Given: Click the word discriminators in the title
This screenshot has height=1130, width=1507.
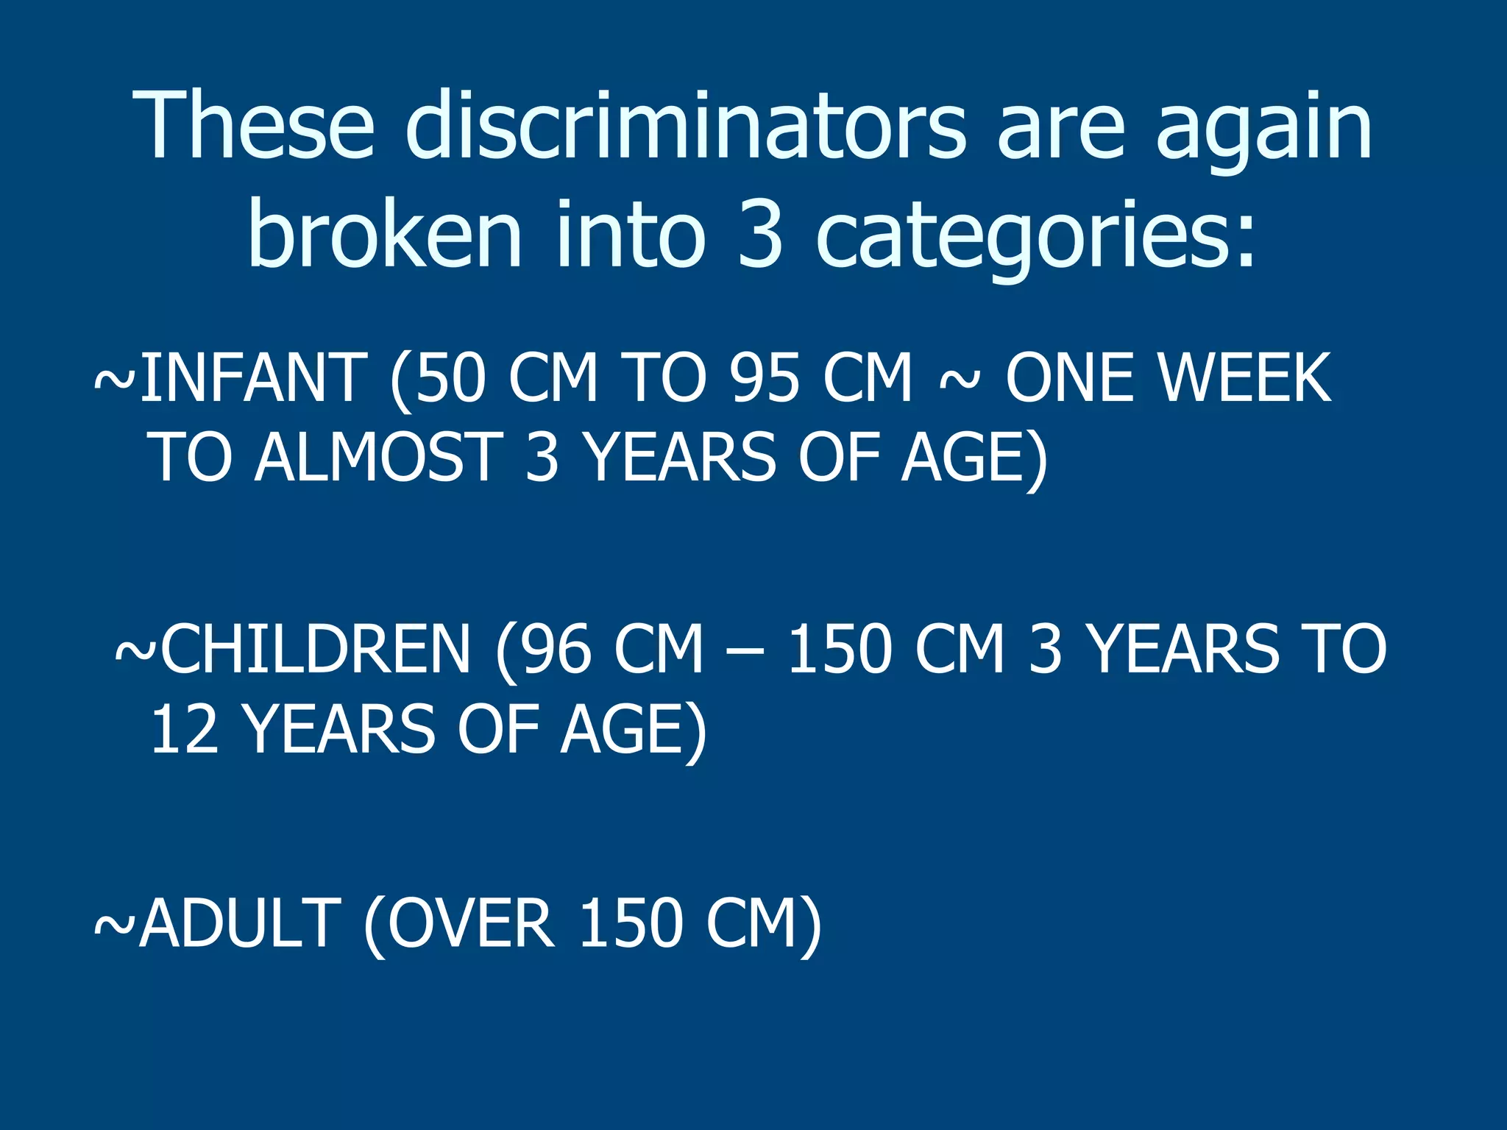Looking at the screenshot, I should [684, 125].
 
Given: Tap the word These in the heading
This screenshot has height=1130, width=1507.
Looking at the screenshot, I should [255, 125].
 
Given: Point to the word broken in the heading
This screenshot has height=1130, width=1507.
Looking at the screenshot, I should [385, 234].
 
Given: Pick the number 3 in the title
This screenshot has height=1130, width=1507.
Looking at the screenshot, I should [759, 234].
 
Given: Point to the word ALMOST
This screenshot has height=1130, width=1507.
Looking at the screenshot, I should [379, 458].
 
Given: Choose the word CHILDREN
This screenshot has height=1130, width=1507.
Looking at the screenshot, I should [315, 649].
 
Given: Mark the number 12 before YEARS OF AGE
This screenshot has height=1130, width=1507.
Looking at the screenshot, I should [185, 729].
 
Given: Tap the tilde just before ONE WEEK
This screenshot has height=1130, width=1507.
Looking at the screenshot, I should [960, 380].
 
